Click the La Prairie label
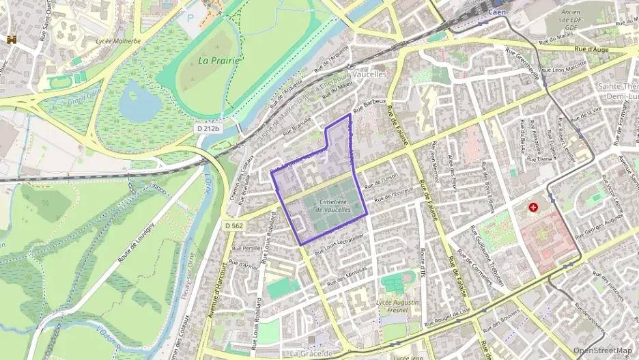click(x=219, y=60)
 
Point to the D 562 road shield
click(x=233, y=225)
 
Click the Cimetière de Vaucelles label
click(x=334, y=206)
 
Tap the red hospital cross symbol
click(x=532, y=206)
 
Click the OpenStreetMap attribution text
click(x=602, y=350)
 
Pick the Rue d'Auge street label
click(x=592, y=49)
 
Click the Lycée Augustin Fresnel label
click(x=397, y=305)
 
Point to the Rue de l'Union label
click(x=380, y=181)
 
